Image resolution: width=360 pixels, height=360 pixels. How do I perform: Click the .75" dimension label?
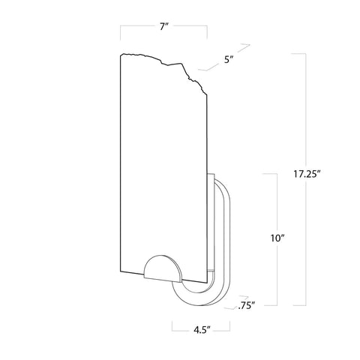(246, 304)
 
